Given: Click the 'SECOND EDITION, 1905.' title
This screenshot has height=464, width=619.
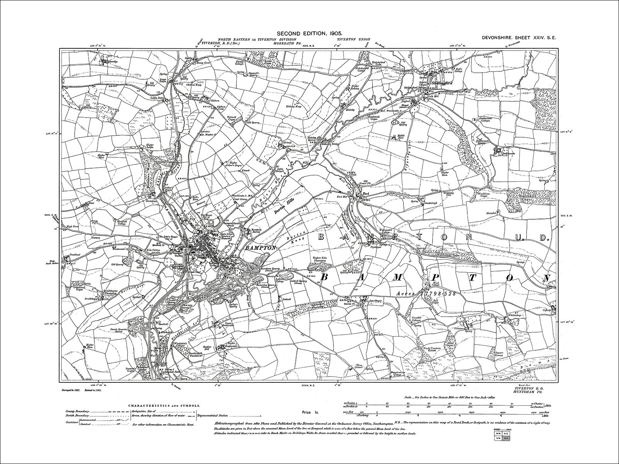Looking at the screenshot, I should (x=309, y=34).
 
